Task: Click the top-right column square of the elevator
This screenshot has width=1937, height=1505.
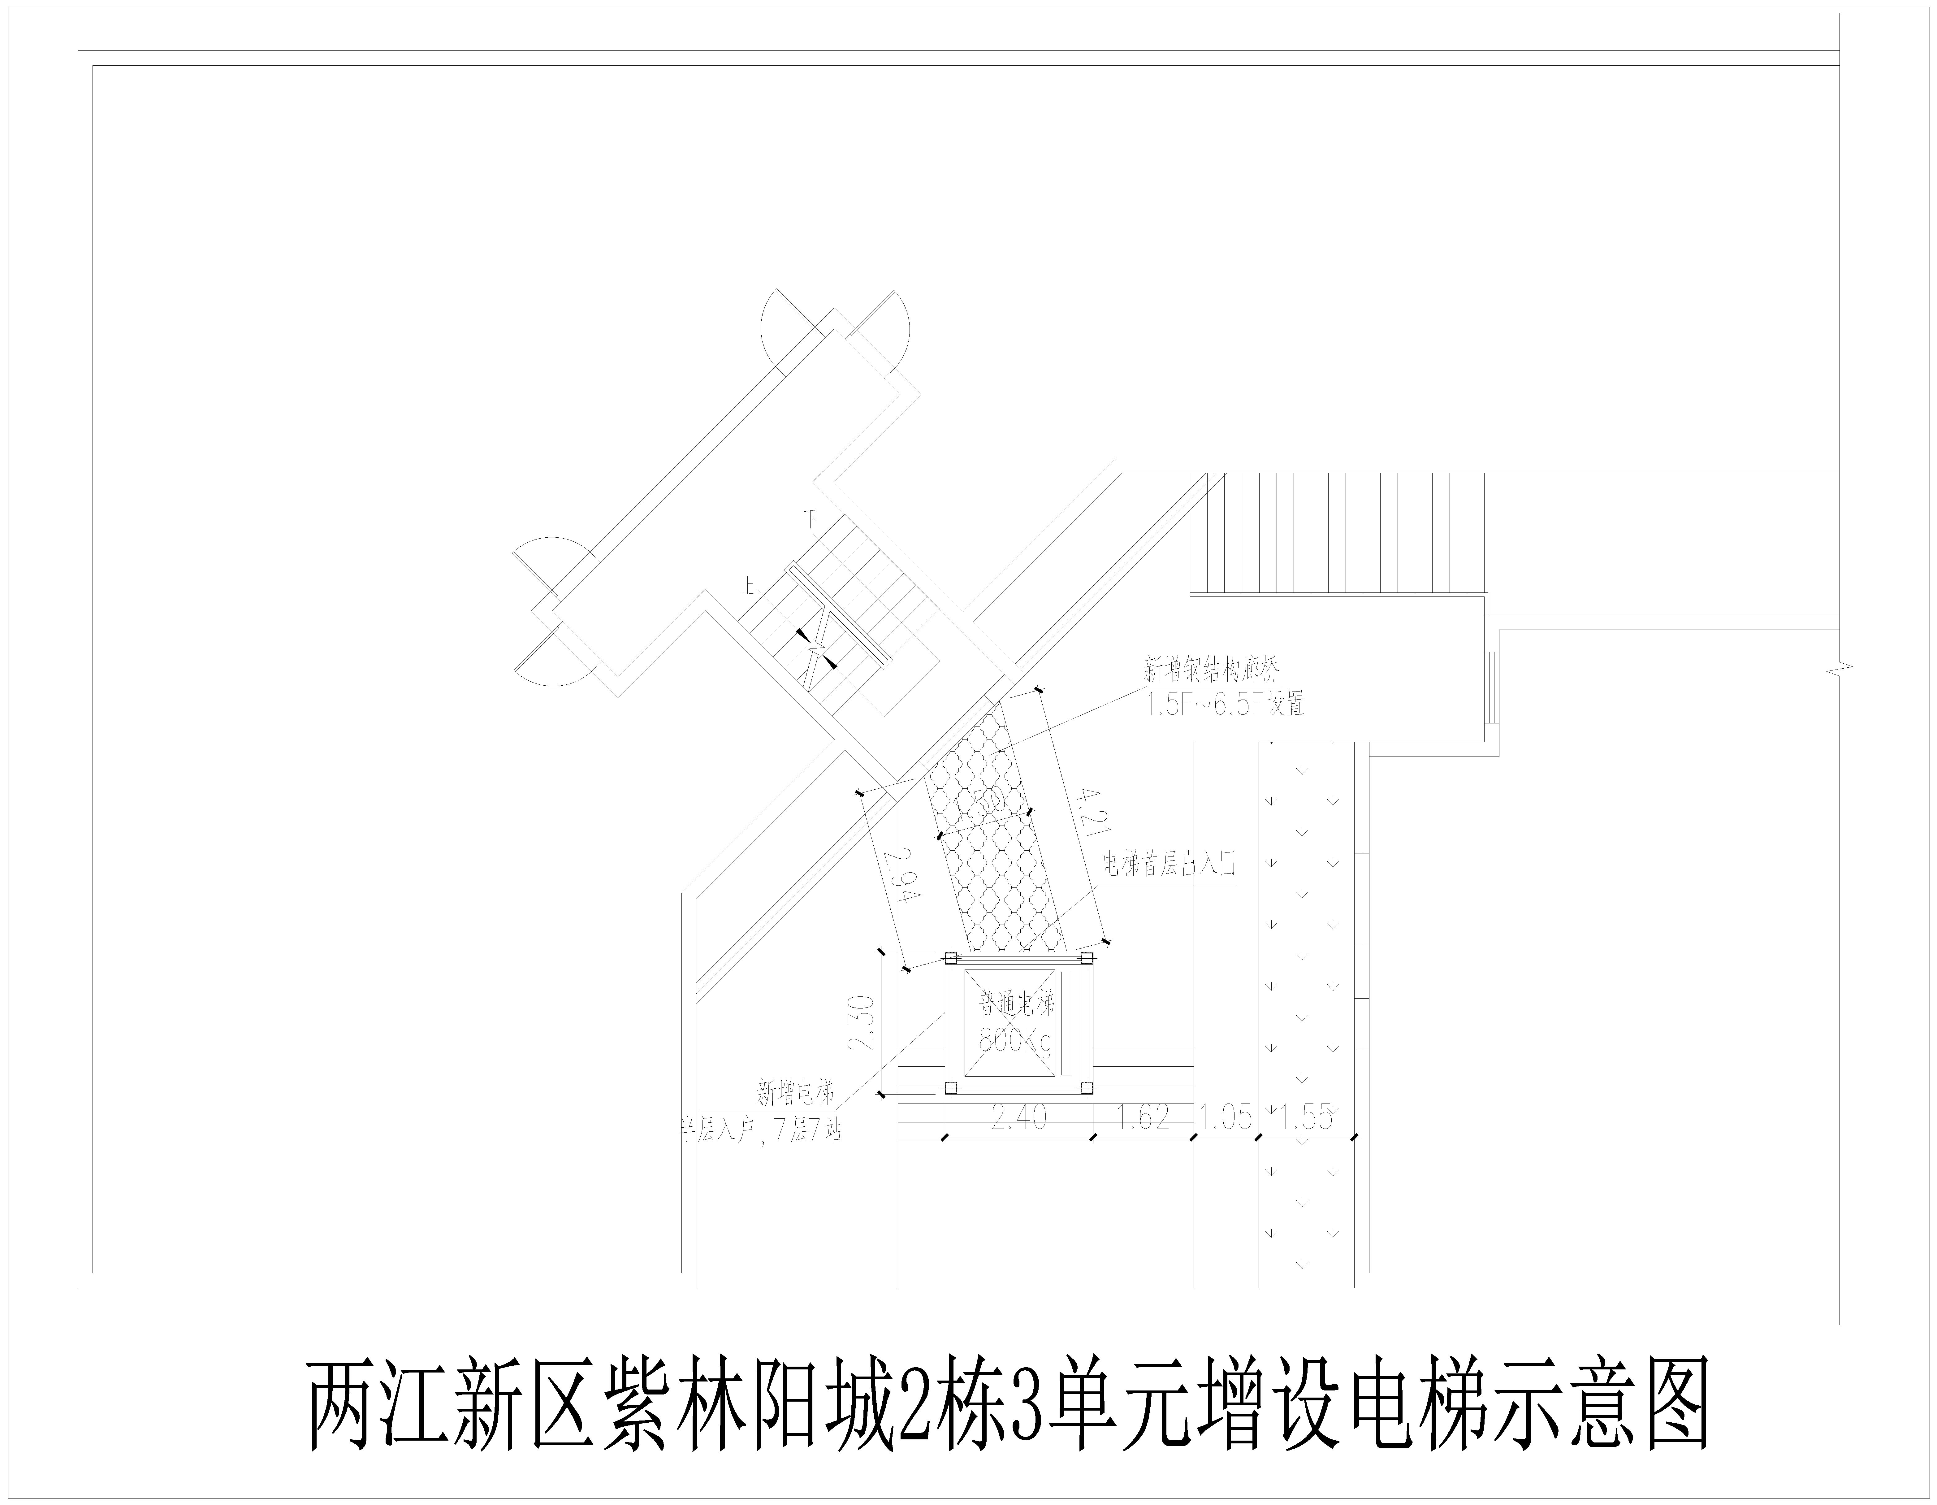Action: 1086,958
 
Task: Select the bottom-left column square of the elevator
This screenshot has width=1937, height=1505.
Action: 950,1087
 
